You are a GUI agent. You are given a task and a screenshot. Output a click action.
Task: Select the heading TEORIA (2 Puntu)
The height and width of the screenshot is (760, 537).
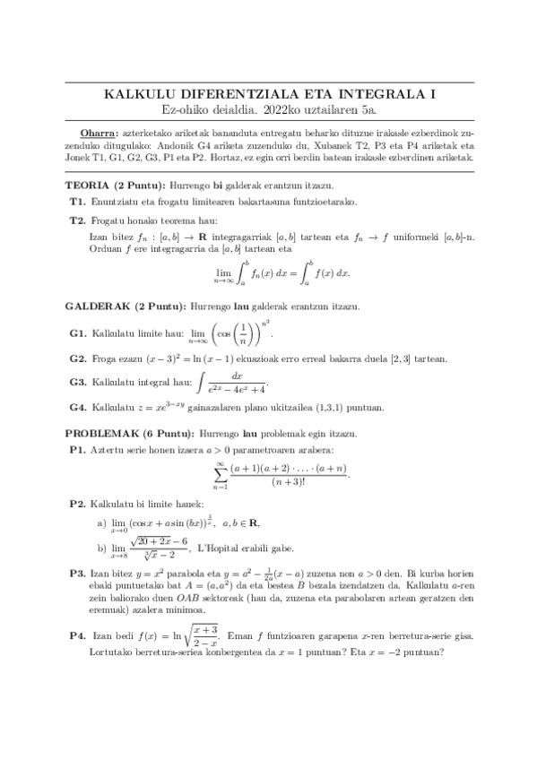pos(111,184)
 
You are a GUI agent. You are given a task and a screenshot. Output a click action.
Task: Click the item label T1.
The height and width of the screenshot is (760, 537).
pos(76,201)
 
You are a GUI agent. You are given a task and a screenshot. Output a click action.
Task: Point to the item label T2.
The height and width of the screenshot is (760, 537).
pos(76,219)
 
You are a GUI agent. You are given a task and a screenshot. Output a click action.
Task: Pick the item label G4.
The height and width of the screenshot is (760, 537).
pos(77,407)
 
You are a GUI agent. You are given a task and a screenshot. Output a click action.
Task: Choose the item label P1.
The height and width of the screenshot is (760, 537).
pos(76,448)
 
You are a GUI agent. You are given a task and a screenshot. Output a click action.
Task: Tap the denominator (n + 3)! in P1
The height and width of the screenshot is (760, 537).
pos(288,482)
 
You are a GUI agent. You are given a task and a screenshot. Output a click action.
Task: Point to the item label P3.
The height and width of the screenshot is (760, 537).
pos(76,571)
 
